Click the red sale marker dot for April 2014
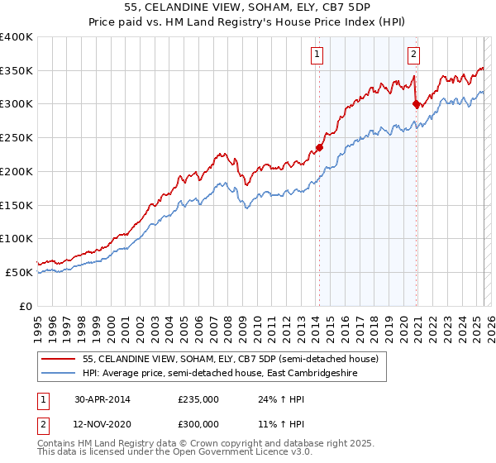(x=318, y=148)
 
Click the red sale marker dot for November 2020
(x=416, y=104)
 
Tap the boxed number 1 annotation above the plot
(x=318, y=55)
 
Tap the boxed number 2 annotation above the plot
(x=413, y=55)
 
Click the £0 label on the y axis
(x=26, y=306)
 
